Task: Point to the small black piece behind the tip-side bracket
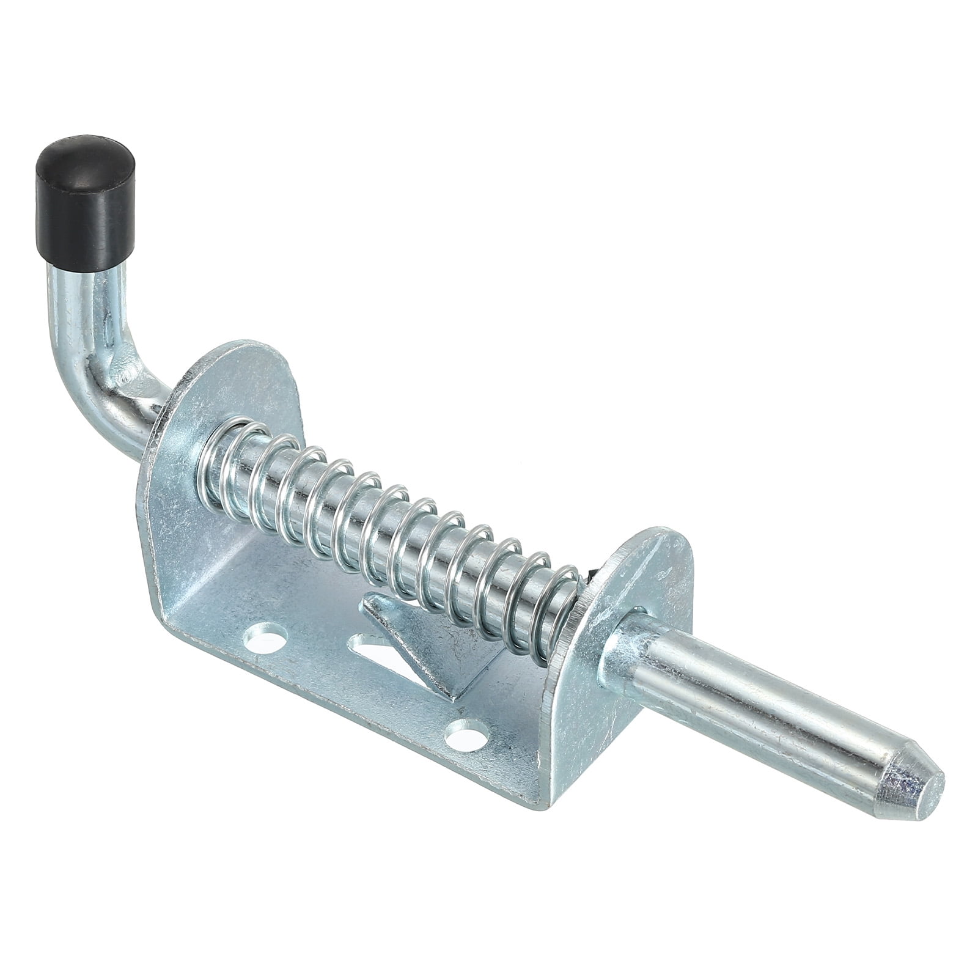point(590,572)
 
